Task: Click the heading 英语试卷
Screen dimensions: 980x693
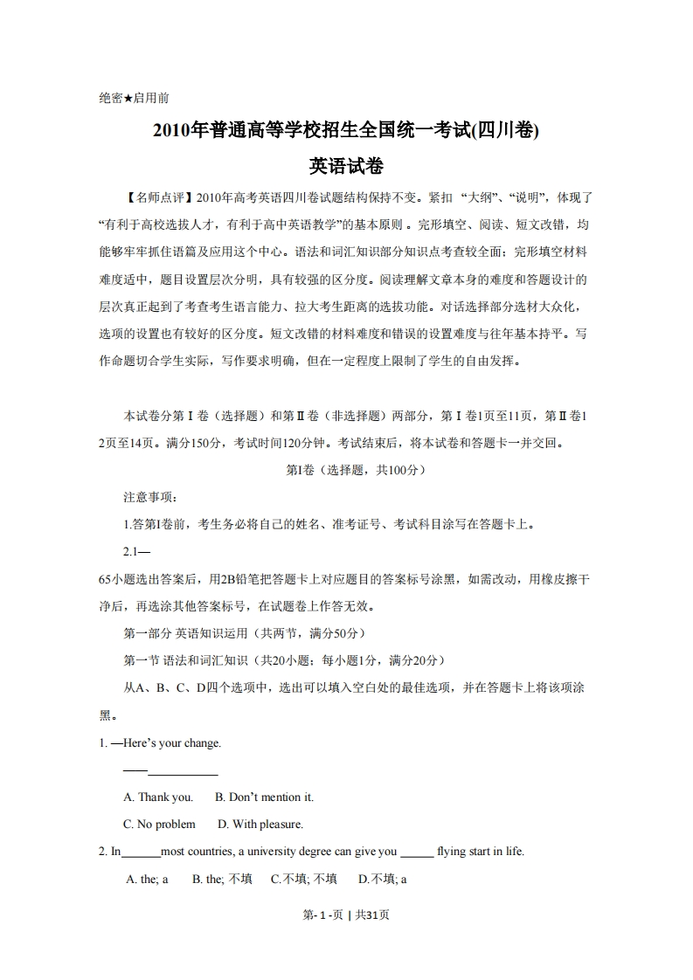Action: (346, 165)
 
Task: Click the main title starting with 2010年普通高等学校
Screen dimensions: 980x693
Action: (346, 131)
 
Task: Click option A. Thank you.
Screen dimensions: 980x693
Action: (158, 797)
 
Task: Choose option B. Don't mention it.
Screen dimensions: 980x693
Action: (264, 797)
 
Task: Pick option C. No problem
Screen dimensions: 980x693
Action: (160, 824)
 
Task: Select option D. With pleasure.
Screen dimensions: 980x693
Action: (260, 824)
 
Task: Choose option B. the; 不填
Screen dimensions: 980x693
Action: (222, 879)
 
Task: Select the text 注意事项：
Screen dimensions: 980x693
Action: (150, 497)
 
